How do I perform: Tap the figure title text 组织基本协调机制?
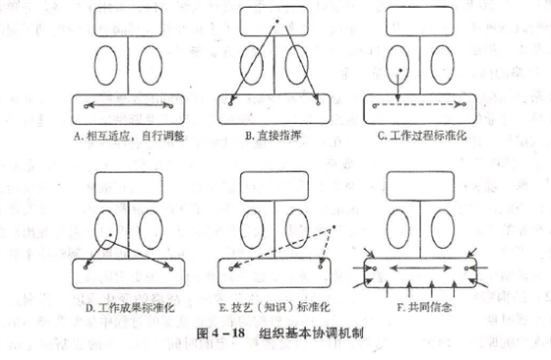click(309, 332)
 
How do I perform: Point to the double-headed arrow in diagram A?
click(124, 104)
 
